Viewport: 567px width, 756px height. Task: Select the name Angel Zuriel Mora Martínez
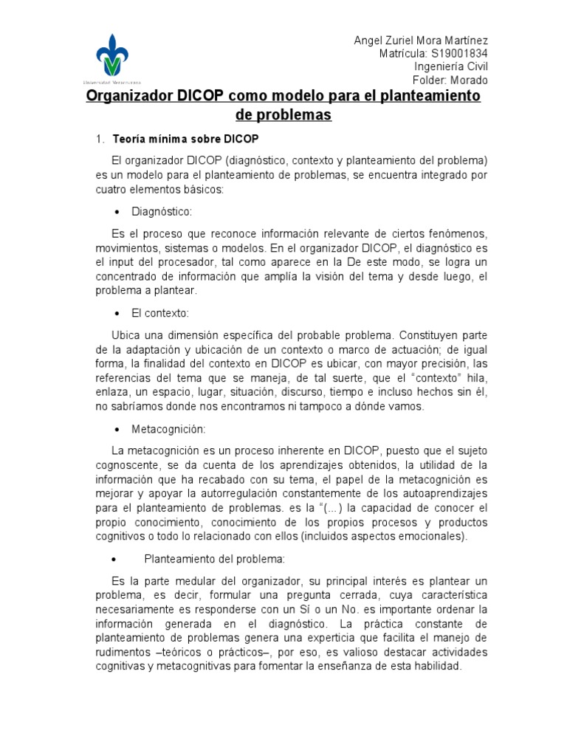coord(421,41)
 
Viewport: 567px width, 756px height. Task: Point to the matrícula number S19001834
coord(458,54)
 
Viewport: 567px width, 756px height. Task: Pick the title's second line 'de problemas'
coord(283,115)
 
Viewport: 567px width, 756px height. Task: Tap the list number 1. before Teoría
coord(103,139)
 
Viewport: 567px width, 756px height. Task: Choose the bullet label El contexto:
coord(161,313)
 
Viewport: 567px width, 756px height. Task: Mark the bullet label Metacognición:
coord(168,429)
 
